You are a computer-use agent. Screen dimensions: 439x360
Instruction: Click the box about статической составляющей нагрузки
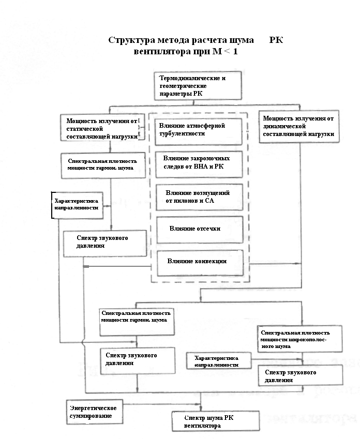[x=100, y=127]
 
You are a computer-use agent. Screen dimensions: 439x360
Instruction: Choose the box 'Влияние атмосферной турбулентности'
[x=199, y=130]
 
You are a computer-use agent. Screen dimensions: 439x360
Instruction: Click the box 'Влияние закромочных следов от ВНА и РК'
[x=199, y=162]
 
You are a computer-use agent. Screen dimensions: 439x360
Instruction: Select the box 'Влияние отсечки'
[x=199, y=229]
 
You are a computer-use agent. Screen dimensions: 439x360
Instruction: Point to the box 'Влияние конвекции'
[x=199, y=262]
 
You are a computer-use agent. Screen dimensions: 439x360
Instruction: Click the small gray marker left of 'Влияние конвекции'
[x=87, y=266]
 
